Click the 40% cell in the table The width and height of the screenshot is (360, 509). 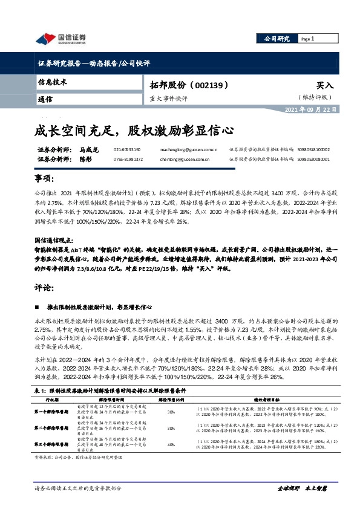click(171, 445)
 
